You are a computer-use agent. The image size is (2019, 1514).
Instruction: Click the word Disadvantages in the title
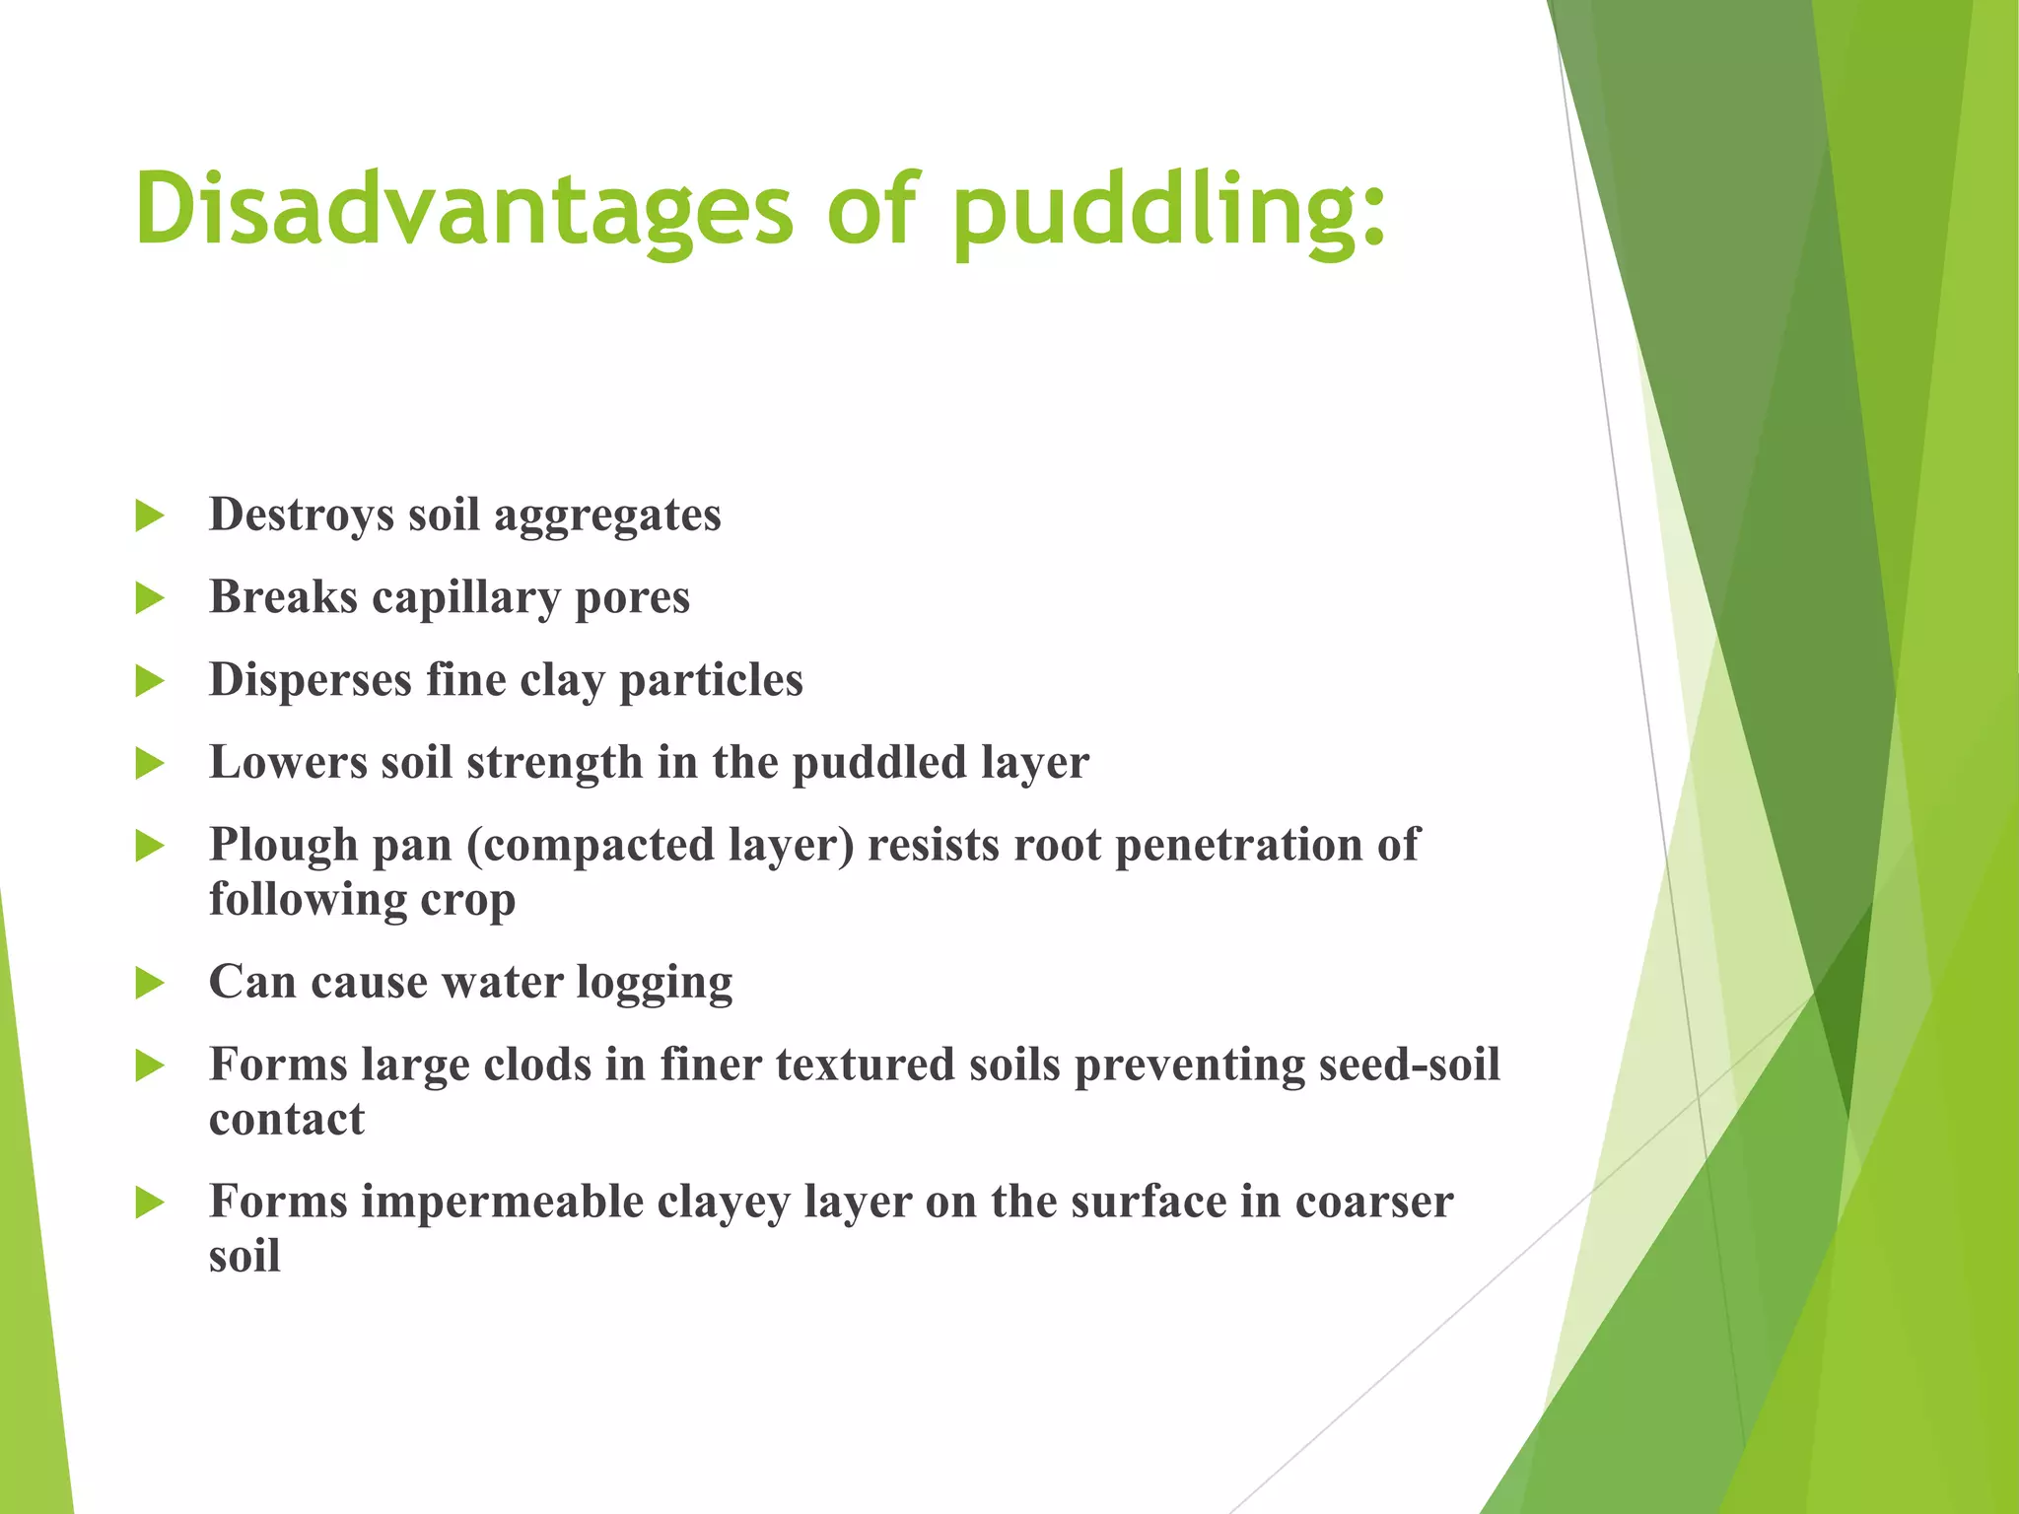pos(463,209)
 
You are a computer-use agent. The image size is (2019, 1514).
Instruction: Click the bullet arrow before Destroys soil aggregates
pos(149,516)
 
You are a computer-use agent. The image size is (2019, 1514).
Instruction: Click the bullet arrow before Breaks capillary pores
pos(149,598)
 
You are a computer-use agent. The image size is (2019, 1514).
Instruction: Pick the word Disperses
pos(310,681)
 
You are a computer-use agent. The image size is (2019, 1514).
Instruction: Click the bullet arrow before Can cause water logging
pos(149,983)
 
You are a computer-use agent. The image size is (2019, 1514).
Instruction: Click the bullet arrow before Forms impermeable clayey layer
pos(149,1203)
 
